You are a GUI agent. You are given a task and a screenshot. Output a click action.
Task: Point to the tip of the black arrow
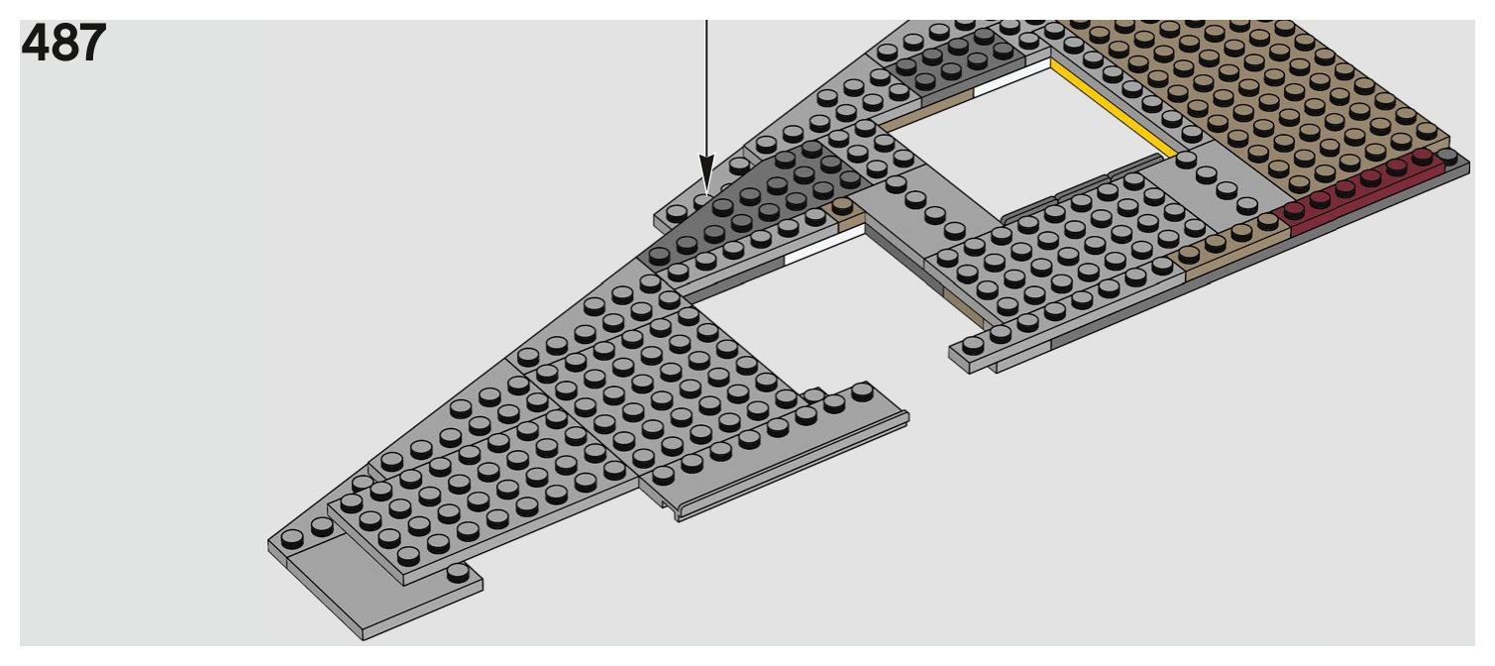706,190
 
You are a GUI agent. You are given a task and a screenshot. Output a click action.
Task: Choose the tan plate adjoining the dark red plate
1228,242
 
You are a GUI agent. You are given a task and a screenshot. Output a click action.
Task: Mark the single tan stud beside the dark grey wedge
842,208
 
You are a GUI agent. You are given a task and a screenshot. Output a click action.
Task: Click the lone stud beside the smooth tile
457,573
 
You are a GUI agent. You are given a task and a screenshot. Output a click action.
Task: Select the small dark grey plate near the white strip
931,59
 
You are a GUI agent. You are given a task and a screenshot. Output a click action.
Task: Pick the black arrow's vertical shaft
706,89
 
